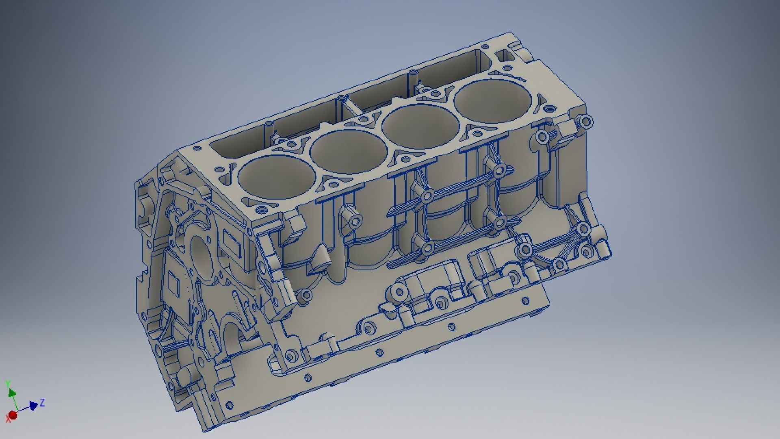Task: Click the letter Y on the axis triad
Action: pos(7,383)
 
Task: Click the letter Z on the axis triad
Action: pos(42,402)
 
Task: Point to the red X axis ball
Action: pos(13,415)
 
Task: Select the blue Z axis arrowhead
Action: pos(33,405)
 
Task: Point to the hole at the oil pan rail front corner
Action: pos(230,405)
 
